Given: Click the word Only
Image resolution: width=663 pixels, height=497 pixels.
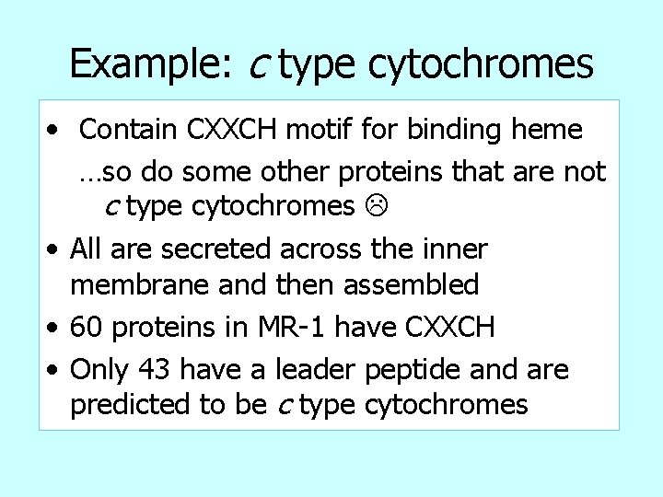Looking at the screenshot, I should click(x=101, y=369).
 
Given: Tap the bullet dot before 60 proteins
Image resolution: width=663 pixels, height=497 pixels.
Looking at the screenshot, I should click(x=56, y=328).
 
